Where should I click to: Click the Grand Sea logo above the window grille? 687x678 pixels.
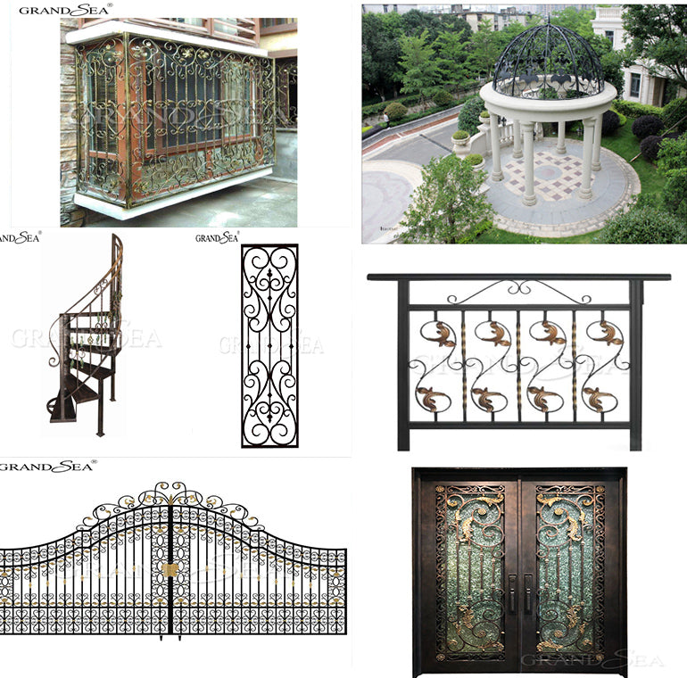tap(65, 10)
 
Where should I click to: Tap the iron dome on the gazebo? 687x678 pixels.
tap(548, 61)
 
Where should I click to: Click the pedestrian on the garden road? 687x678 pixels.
tap(385, 118)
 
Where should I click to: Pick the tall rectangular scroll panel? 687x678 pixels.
tap(269, 345)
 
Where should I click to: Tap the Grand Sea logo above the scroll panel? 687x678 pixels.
tap(217, 237)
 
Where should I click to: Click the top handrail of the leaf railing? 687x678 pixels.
tap(518, 277)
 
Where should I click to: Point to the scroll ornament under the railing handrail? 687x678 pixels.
tap(518, 291)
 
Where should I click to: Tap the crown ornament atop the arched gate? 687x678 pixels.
tap(169, 492)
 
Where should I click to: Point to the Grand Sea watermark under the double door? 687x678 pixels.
tap(592, 661)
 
